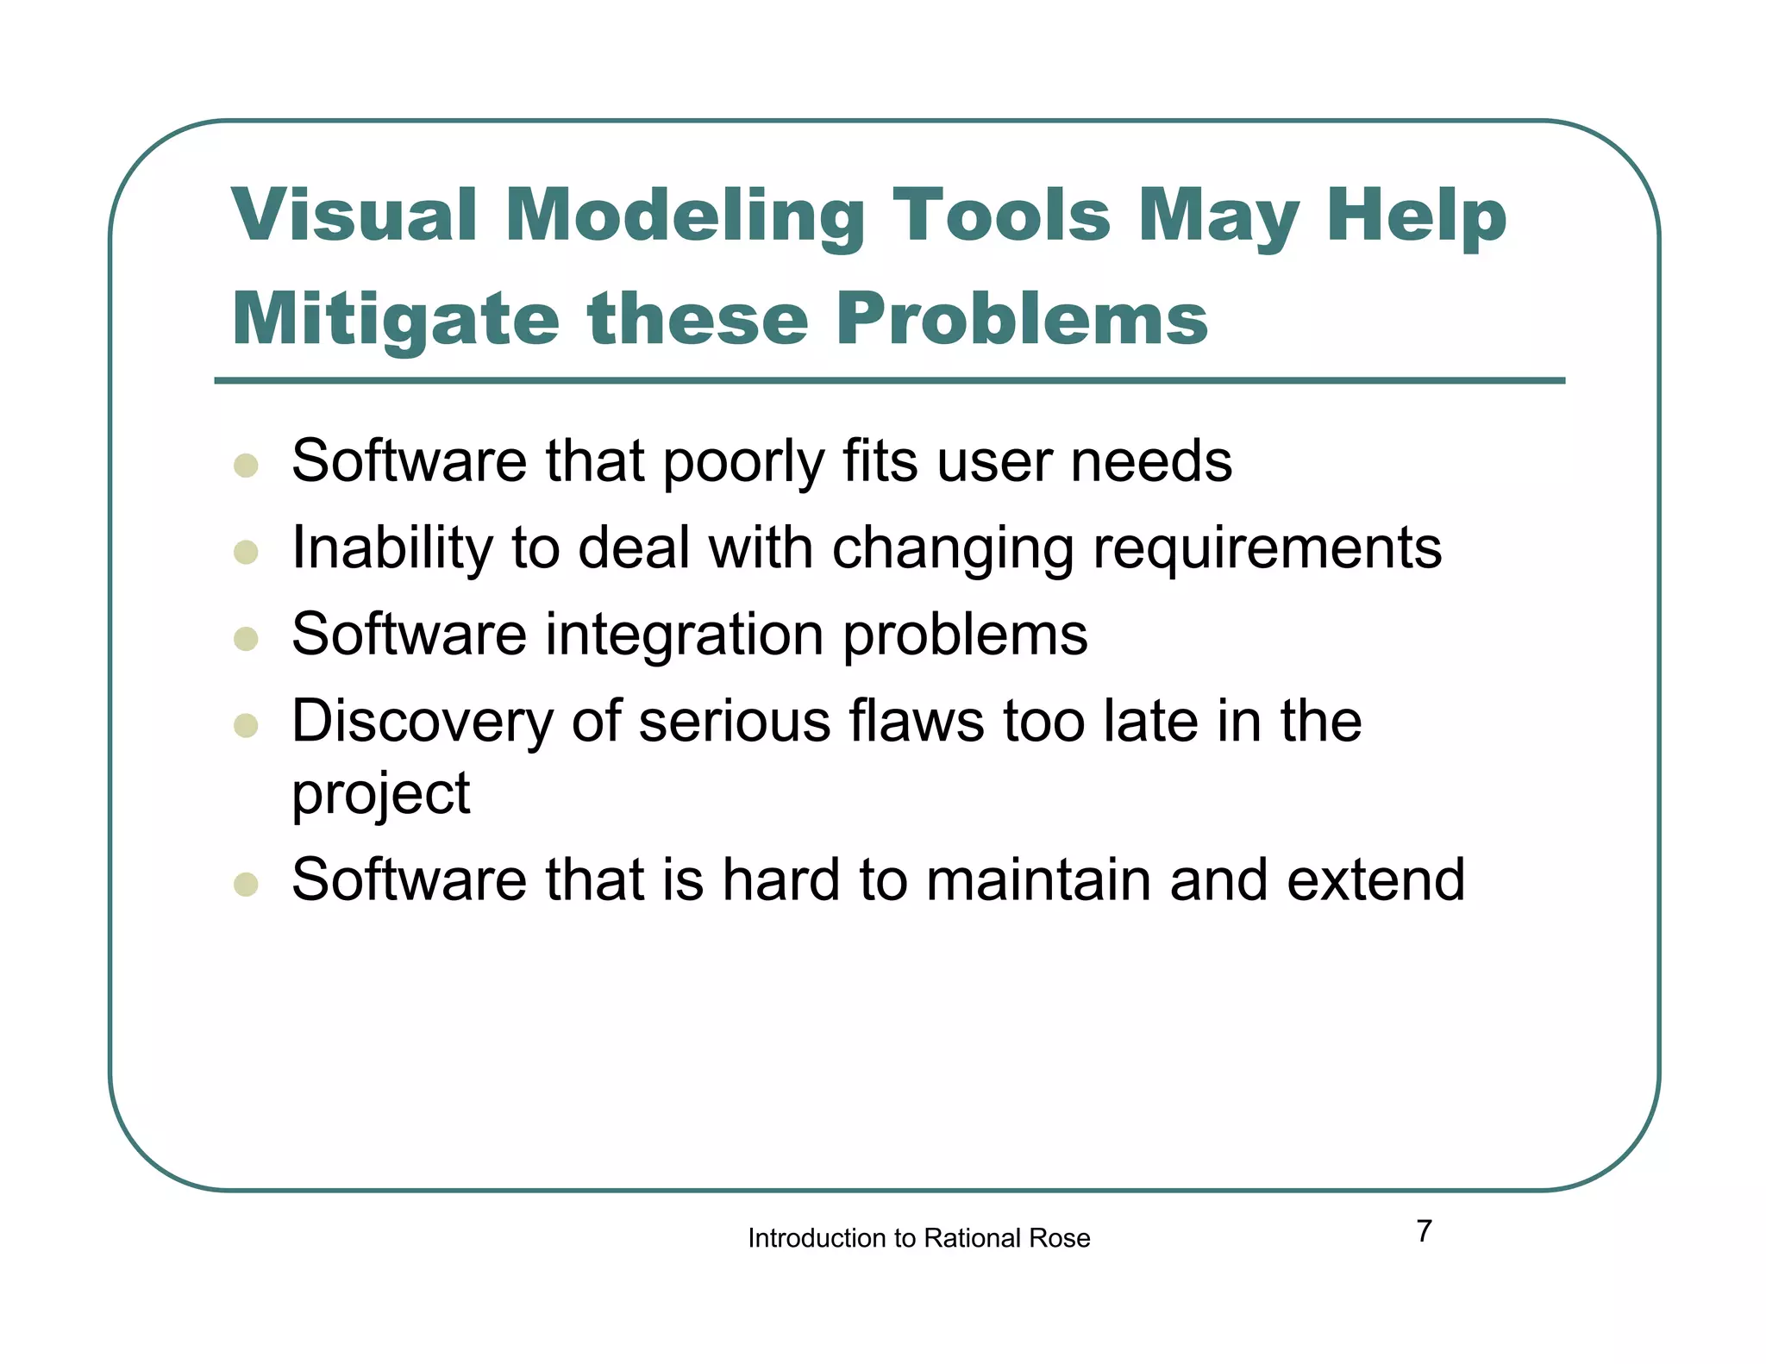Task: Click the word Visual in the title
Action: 354,215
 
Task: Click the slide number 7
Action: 1424,1231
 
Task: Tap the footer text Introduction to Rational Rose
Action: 918,1238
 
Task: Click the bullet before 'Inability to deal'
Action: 246,552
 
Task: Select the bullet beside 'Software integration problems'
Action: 246,638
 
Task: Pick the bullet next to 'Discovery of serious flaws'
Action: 246,725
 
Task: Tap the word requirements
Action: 1267,549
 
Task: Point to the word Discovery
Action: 423,722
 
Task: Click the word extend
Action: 1375,880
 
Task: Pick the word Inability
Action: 392,549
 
